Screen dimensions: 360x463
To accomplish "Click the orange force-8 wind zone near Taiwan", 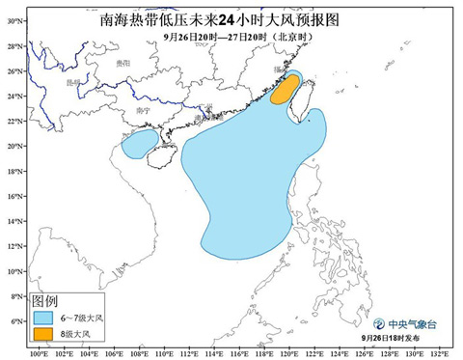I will (x=283, y=91).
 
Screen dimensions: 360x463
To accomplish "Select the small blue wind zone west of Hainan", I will (x=139, y=145).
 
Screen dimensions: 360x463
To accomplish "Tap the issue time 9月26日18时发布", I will (x=397, y=341).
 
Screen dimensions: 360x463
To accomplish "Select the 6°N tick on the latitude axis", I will (x=14, y=321).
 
